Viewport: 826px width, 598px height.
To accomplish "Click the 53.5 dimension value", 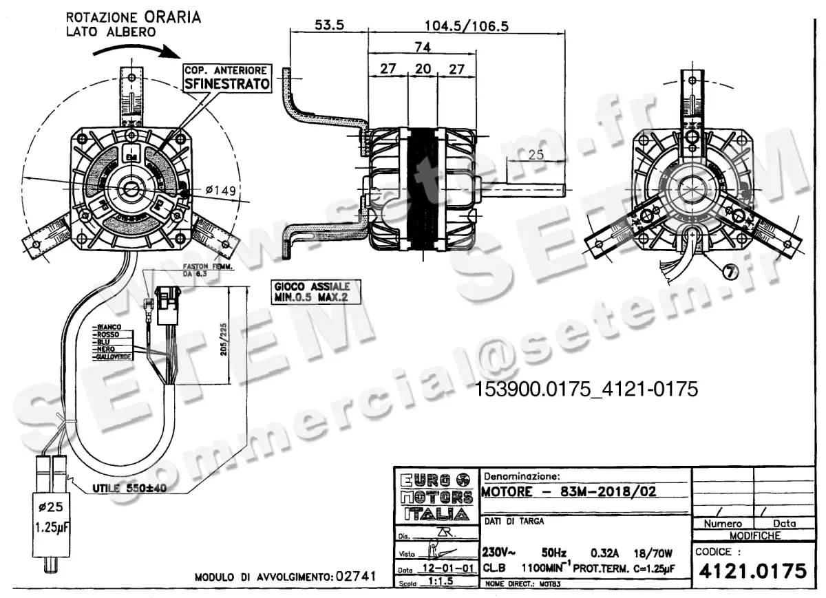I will [330, 25].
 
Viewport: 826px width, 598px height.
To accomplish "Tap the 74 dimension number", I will [422, 47].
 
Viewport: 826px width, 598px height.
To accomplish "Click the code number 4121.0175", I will [752, 571].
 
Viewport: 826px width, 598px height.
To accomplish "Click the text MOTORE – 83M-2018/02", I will [569, 491].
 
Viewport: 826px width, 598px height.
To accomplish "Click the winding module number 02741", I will [354, 577].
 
